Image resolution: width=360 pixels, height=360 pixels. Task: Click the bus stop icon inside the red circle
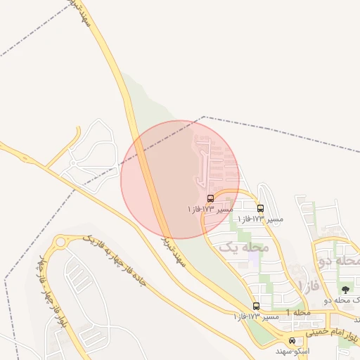(211, 199)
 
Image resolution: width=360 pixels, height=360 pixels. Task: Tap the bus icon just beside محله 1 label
(256, 306)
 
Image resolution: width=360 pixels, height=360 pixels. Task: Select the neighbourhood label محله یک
(244, 247)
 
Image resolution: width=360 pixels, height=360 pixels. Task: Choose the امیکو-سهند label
(288, 350)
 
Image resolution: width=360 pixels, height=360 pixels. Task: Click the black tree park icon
(345, 290)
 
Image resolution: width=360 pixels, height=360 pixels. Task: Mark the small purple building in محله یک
(253, 258)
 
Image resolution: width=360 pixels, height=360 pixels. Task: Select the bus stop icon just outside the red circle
(261, 209)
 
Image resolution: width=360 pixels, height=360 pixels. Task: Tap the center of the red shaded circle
(180, 180)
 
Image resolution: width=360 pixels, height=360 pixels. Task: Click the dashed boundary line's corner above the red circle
(204, 117)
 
